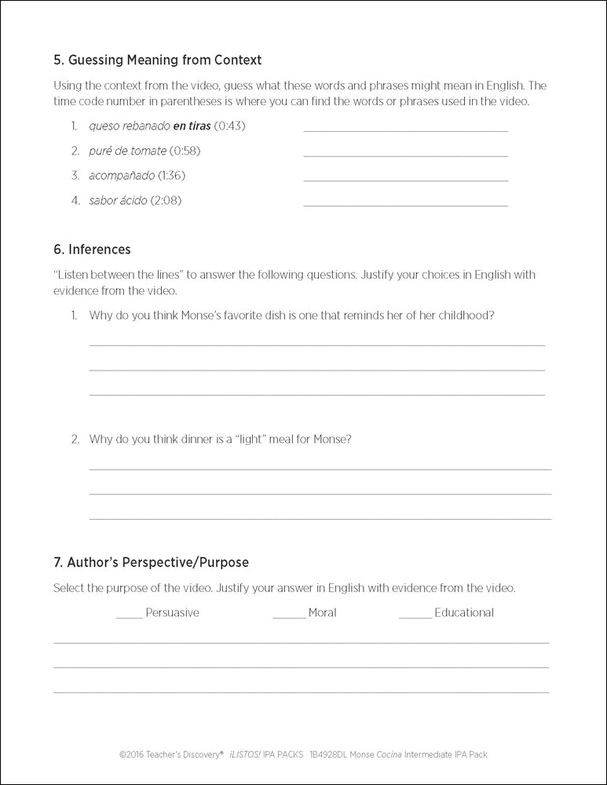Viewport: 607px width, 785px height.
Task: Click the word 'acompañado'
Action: tap(122, 175)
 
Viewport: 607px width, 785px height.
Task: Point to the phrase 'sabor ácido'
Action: tap(118, 200)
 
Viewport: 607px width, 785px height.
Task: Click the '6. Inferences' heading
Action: tap(92, 250)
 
